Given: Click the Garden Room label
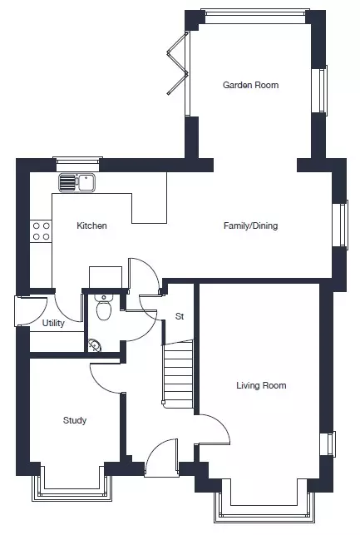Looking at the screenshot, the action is coord(250,85).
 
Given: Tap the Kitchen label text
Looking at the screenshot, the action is coord(91,225).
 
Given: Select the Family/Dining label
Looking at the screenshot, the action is coord(250,225).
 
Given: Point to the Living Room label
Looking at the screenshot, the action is coord(261,385).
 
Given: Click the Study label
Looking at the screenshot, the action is coord(75,420).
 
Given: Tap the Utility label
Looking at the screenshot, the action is coord(53,323).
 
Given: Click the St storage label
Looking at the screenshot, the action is coord(180,316).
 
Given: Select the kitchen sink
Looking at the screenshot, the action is coord(77,182).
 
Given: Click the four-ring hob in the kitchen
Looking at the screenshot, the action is coord(41,231).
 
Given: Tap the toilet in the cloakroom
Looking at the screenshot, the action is coord(104,307).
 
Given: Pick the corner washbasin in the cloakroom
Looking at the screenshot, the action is coord(94,345).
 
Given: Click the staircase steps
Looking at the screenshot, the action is coord(178,373).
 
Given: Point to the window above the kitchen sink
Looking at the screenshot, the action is coord(77,164).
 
